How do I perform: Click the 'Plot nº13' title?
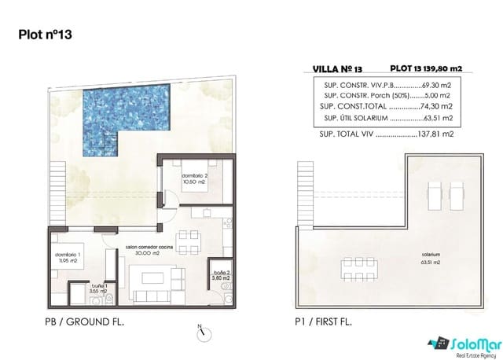[x=46, y=34]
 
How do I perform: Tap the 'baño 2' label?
[x=222, y=274]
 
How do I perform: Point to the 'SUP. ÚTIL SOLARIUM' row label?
[x=354, y=119]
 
